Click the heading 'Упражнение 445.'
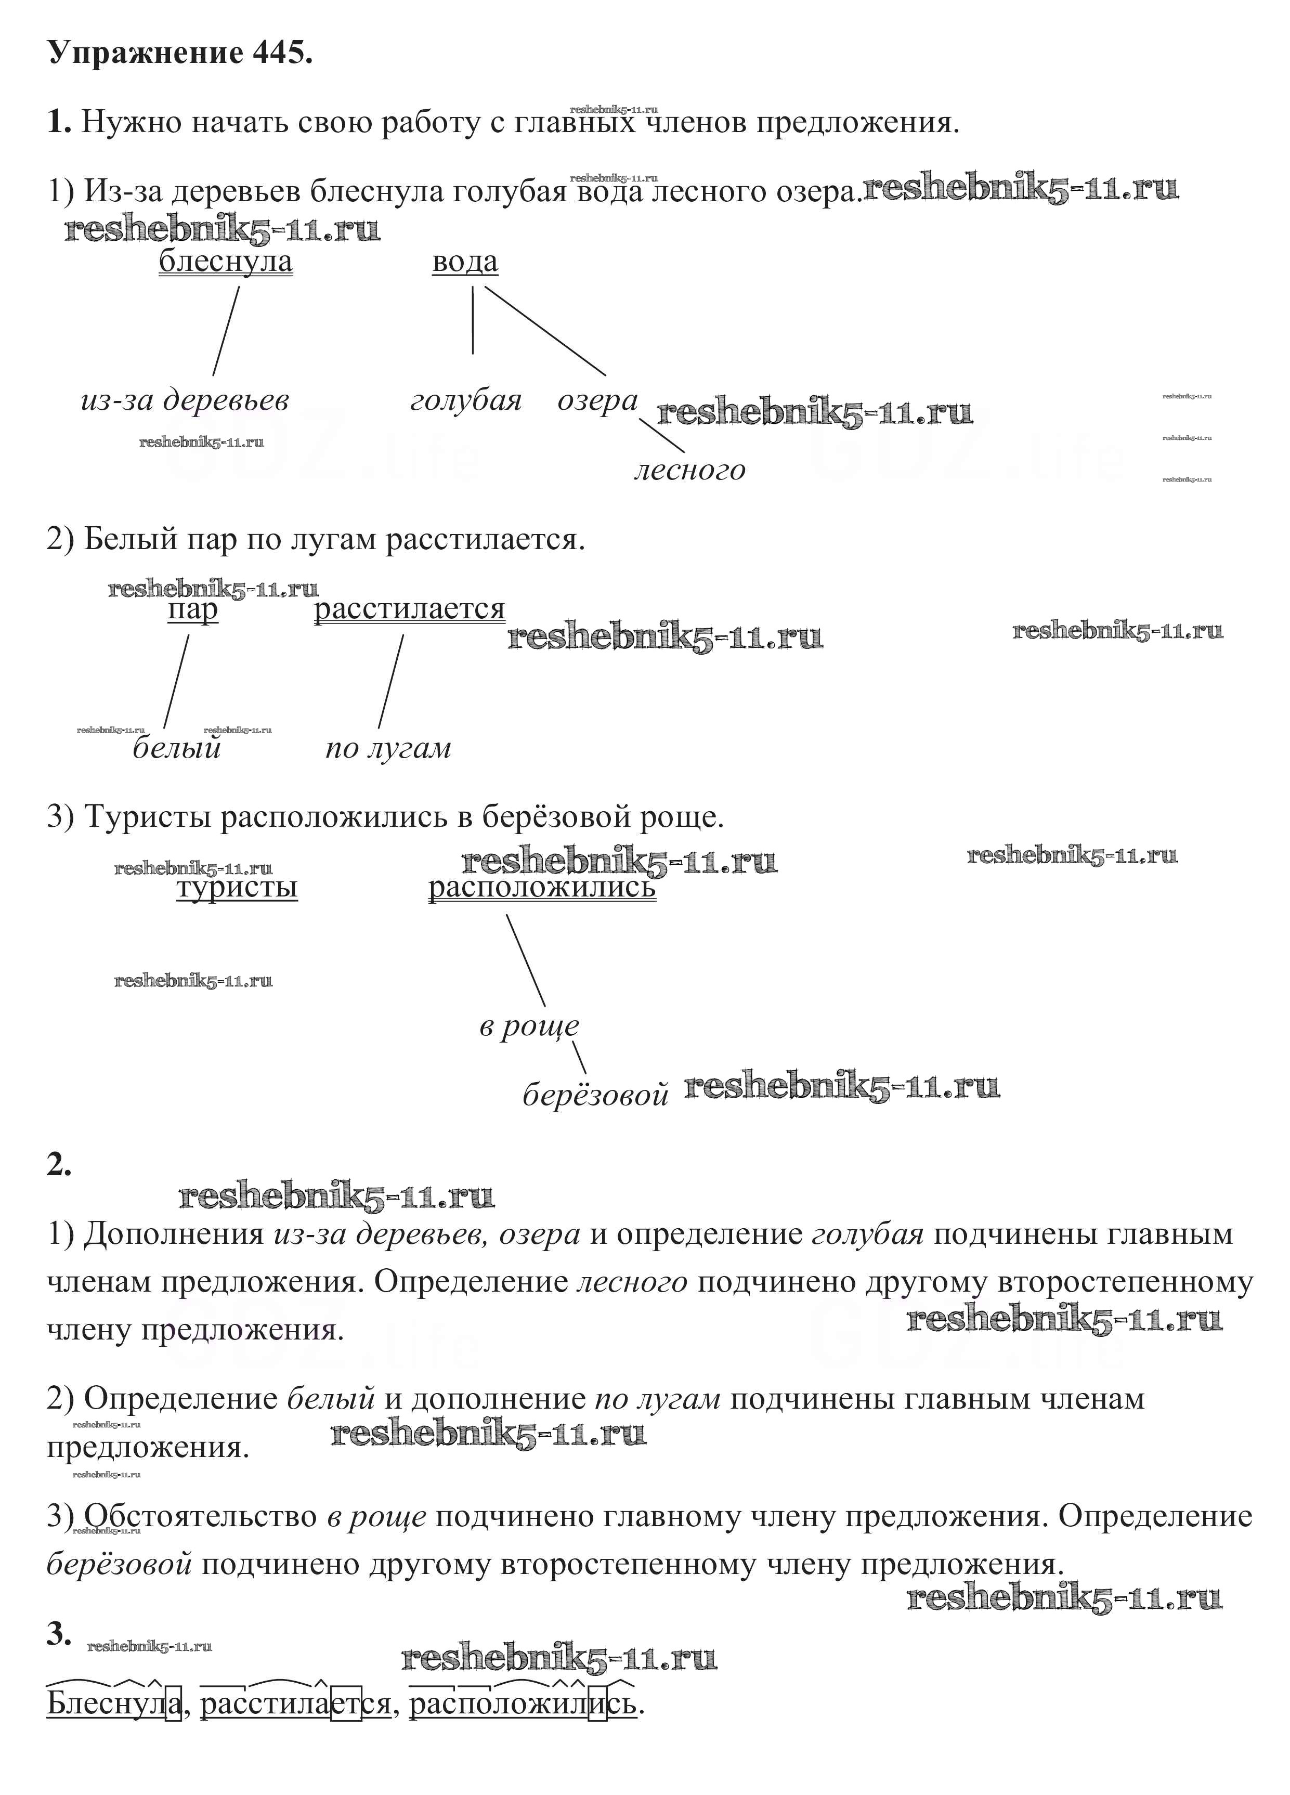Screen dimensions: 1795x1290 (180, 53)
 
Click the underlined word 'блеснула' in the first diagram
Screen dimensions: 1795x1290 (226, 261)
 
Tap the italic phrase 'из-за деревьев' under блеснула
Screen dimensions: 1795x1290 (185, 400)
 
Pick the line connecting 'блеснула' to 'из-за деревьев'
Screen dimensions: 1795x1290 (226, 331)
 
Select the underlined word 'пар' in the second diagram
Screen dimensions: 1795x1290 (192, 609)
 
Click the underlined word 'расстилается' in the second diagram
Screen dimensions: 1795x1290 (409, 609)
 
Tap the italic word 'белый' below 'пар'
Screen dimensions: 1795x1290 (176, 747)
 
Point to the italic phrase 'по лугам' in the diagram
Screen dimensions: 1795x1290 (388, 747)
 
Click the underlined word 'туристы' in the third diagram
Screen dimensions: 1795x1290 (237, 887)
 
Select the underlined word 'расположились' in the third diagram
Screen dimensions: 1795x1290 (542, 887)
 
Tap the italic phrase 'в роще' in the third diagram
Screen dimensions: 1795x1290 (529, 1026)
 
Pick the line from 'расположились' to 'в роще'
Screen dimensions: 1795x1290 (526, 960)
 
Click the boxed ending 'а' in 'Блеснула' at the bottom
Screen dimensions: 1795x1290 (173, 1701)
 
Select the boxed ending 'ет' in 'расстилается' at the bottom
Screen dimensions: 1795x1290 (346, 1701)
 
